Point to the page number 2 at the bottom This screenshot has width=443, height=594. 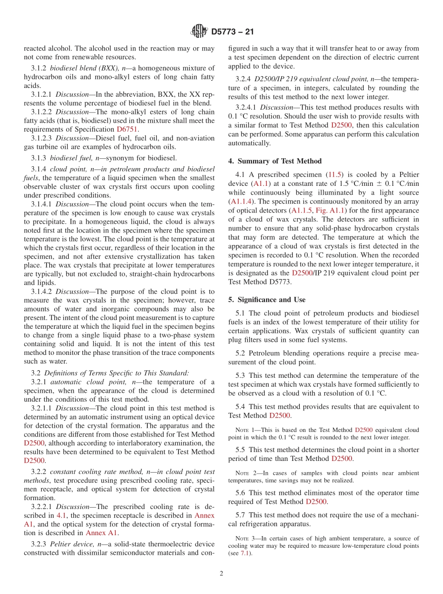pyautogui.click(x=221, y=573)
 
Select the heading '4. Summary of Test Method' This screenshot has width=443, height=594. pyautogui.click(x=275, y=161)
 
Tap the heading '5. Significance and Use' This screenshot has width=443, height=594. pyautogui.click(x=267, y=300)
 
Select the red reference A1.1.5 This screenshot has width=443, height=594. pyautogui.click(x=301, y=210)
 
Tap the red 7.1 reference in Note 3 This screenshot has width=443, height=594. pyautogui.click(x=245, y=554)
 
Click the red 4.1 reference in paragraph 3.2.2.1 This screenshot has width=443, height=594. pyautogui.click(x=62, y=516)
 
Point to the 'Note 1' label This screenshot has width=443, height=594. pyautogui.click(x=245, y=430)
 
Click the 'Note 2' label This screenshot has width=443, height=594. pyautogui.click(x=245, y=473)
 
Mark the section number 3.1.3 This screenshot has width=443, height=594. pyautogui.click(x=39, y=158)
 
